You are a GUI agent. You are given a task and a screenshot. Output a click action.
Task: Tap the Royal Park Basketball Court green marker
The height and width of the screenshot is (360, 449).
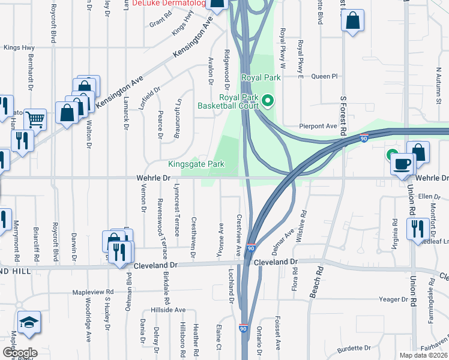268,101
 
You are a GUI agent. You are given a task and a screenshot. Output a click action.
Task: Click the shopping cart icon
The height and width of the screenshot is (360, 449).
35,121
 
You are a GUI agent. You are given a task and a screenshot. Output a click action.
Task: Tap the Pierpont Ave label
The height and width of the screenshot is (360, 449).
319,127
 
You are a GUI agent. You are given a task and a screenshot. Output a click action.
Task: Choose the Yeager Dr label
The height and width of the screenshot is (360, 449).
393,299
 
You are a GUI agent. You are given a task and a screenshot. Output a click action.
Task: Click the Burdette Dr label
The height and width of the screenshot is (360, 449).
354,348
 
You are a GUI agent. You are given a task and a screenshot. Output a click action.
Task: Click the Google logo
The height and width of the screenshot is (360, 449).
20,353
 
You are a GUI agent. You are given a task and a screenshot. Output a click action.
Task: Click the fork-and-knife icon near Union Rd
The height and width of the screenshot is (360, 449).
415,228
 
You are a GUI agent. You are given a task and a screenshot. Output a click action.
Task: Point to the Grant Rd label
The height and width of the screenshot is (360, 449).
161,22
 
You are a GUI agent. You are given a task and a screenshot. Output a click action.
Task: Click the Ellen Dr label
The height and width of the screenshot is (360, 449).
430,196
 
